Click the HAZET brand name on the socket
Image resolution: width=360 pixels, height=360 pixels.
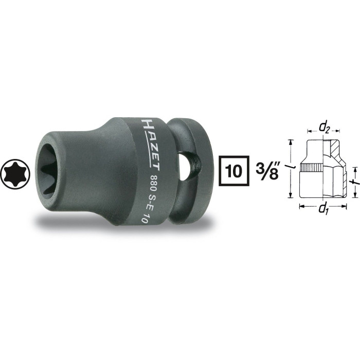coord(151,146)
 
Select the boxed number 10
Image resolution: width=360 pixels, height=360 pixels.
coord(233,171)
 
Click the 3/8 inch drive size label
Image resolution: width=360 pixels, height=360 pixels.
coord(267,171)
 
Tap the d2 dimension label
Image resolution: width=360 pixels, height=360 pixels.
coord(324,129)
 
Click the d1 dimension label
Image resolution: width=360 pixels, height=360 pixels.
coord(323,209)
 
